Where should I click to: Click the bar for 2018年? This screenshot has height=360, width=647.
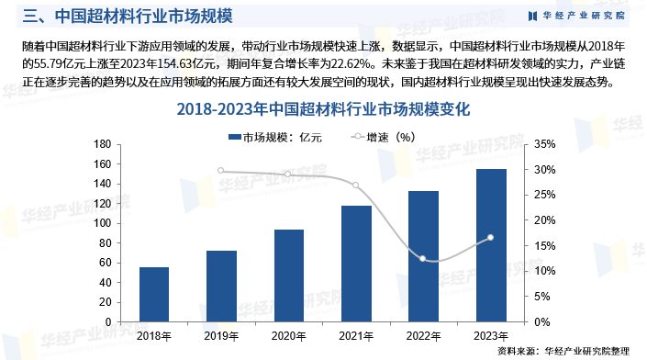coord(154,294)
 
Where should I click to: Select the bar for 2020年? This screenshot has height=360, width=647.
coord(288,276)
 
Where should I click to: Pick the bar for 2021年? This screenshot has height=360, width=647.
coord(356,264)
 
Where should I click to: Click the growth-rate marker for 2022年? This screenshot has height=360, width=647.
coord(423,258)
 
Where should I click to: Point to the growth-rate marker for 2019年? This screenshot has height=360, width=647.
coord(221,171)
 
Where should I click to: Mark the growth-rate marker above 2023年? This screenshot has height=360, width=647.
coord(490,238)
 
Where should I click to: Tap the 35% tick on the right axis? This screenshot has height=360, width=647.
coord(544,144)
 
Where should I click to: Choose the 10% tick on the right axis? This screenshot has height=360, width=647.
coord(544,271)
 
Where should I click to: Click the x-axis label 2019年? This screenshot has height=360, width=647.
coord(221,335)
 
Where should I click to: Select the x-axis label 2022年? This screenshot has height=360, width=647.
coord(423,335)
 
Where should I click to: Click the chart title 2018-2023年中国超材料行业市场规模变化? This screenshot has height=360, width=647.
coord(322,109)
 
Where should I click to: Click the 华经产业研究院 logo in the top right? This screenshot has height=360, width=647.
coord(577,16)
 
